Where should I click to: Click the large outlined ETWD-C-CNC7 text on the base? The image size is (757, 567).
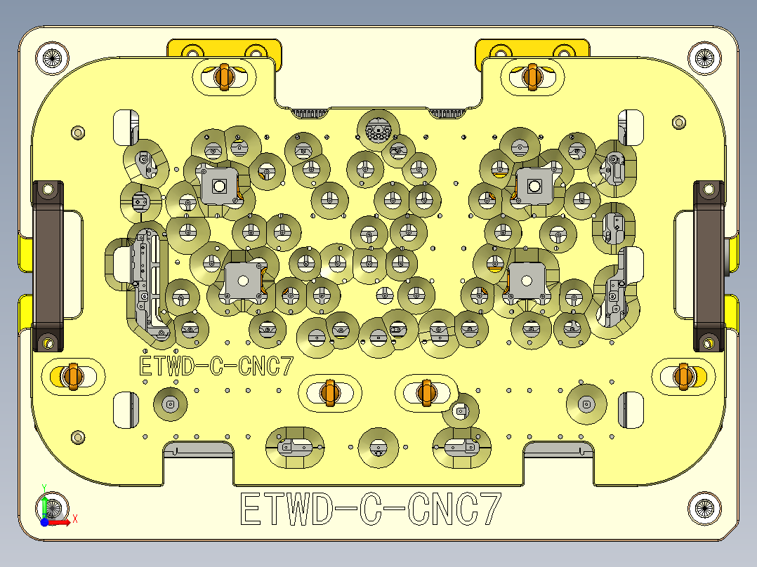coord(371,509)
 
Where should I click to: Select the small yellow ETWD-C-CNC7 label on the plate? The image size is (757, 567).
coord(216,366)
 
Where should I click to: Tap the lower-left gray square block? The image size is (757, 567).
coord(242,280)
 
